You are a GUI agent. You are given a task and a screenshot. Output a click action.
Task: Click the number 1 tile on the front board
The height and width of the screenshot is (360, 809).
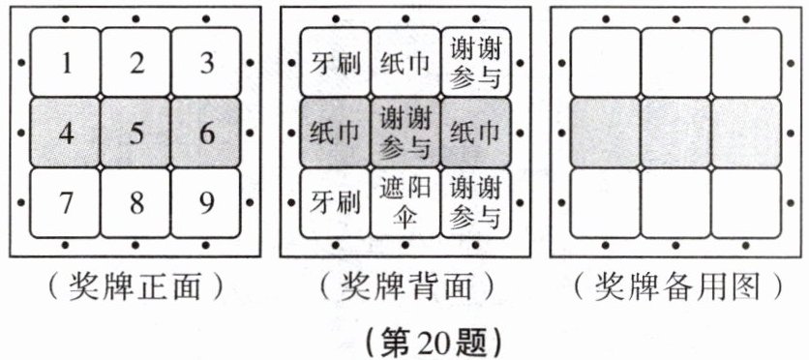coord(66,64)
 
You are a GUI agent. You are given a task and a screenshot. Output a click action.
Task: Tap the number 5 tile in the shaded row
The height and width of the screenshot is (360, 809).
coord(136,133)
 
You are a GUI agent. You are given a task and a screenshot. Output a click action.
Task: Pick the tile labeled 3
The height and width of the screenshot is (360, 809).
coord(206,64)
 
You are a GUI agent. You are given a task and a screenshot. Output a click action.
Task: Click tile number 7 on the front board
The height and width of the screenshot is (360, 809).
coord(66,204)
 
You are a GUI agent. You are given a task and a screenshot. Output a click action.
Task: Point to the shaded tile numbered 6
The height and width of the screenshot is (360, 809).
coord(206,133)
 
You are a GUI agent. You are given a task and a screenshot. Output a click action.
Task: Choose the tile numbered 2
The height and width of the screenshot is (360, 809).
coord(136,64)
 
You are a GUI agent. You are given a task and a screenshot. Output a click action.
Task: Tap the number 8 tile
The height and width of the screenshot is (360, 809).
coord(136,204)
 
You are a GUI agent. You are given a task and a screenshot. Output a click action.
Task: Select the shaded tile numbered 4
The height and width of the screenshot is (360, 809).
coord(66,133)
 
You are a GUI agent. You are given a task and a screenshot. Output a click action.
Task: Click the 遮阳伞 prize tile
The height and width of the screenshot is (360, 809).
coord(404,204)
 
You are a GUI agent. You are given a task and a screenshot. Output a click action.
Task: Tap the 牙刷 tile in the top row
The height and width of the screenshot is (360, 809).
coord(335,64)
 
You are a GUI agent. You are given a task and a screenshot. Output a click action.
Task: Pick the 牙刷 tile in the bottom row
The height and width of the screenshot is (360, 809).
coord(335,204)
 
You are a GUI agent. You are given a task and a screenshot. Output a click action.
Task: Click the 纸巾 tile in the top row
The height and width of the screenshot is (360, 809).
coord(404,64)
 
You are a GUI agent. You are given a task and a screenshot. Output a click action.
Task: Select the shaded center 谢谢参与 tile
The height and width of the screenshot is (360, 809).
coord(404,133)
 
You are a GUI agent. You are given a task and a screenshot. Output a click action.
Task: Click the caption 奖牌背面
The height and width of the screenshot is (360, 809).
coord(404,286)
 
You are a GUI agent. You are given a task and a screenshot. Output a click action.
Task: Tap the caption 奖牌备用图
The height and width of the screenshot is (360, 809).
coord(674,286)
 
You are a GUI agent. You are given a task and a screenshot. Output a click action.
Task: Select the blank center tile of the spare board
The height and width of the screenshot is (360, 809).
coord(674,133)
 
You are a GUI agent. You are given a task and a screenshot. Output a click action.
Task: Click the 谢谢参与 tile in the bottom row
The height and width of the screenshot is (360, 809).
coord(475,204)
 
